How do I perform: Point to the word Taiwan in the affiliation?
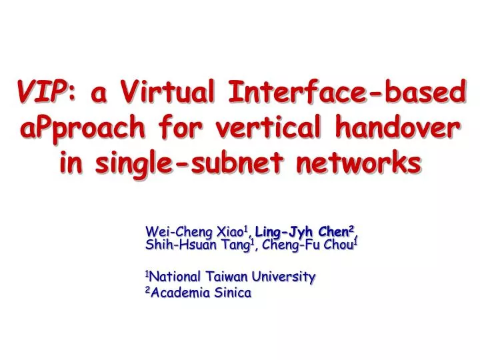229,276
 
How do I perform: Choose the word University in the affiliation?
287,276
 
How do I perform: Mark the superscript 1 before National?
147,273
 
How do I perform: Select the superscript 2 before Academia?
147,290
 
